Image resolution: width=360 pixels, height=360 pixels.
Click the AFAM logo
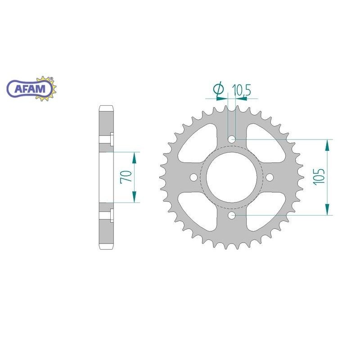click(x=31, y=89)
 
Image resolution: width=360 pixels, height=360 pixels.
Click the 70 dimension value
click(x=126, y=176)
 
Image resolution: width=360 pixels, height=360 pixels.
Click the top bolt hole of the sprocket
click(x=232, y=139)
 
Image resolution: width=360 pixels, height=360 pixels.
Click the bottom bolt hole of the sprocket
click(x=232, y=216)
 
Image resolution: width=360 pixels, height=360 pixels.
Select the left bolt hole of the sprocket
click(x=194, y=177)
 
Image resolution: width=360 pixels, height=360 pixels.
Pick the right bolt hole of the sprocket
click(x=270, y=177)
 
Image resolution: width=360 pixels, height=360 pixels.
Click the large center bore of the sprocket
click(x=232, y=177)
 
